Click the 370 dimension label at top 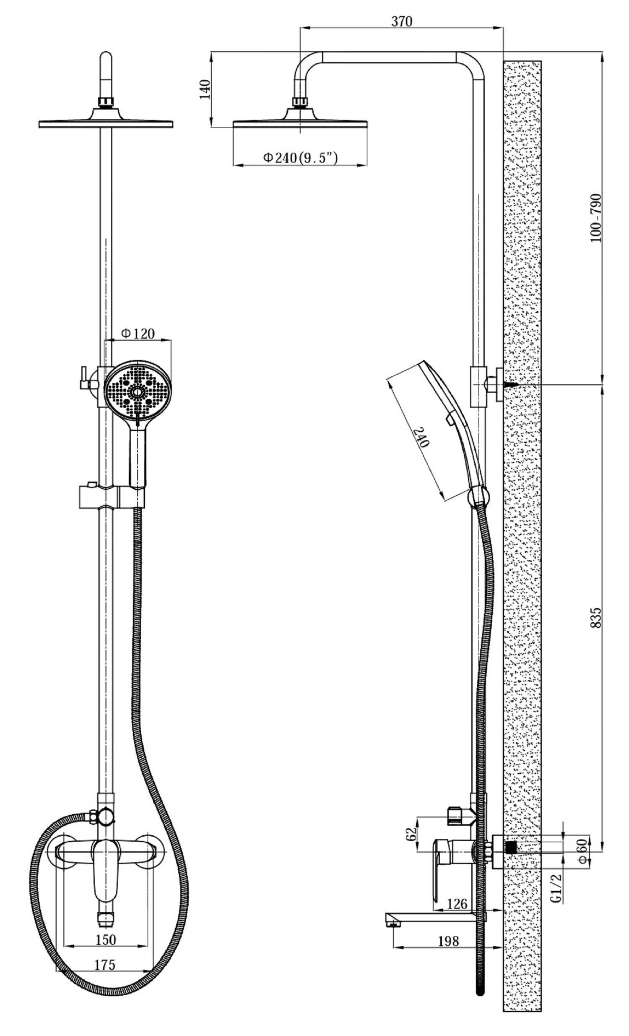point(402,21)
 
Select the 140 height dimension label point(205,89)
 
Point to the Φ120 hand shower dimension point(138,334)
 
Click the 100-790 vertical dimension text point(595,218)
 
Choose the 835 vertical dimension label point(595,618)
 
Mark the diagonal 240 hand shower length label point(422,437)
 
